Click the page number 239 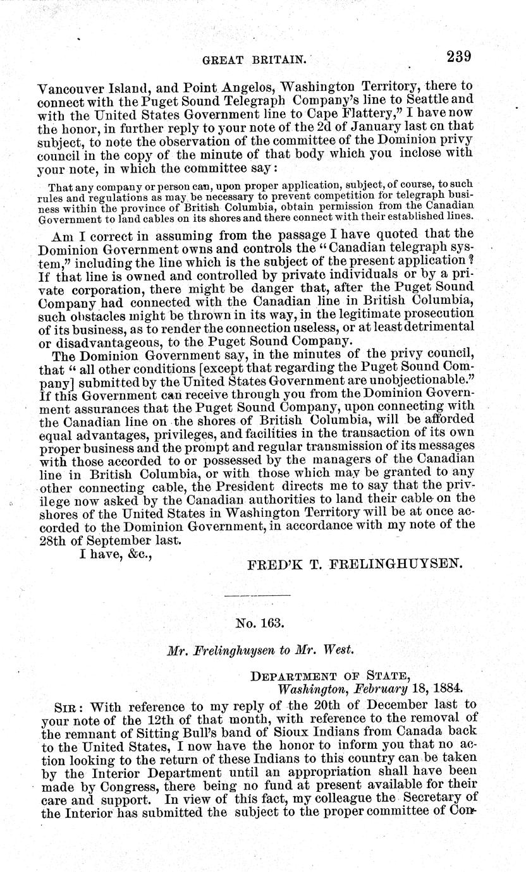(459, 57)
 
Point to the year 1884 (447, 688)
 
